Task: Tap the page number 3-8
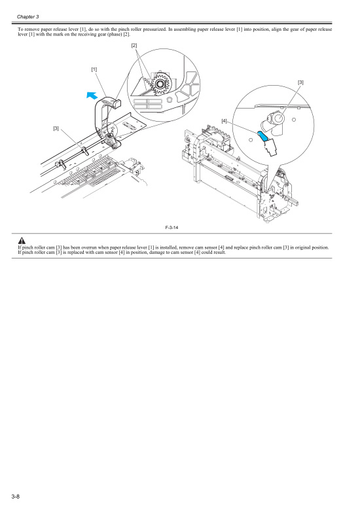(16, 499)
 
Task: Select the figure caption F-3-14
(173, 226)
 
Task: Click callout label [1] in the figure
(94, 69)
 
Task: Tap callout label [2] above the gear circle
(134, 45)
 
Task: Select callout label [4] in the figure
(224, 120)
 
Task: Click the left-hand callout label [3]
(56, 128)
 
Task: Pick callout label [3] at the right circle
(300, 82)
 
